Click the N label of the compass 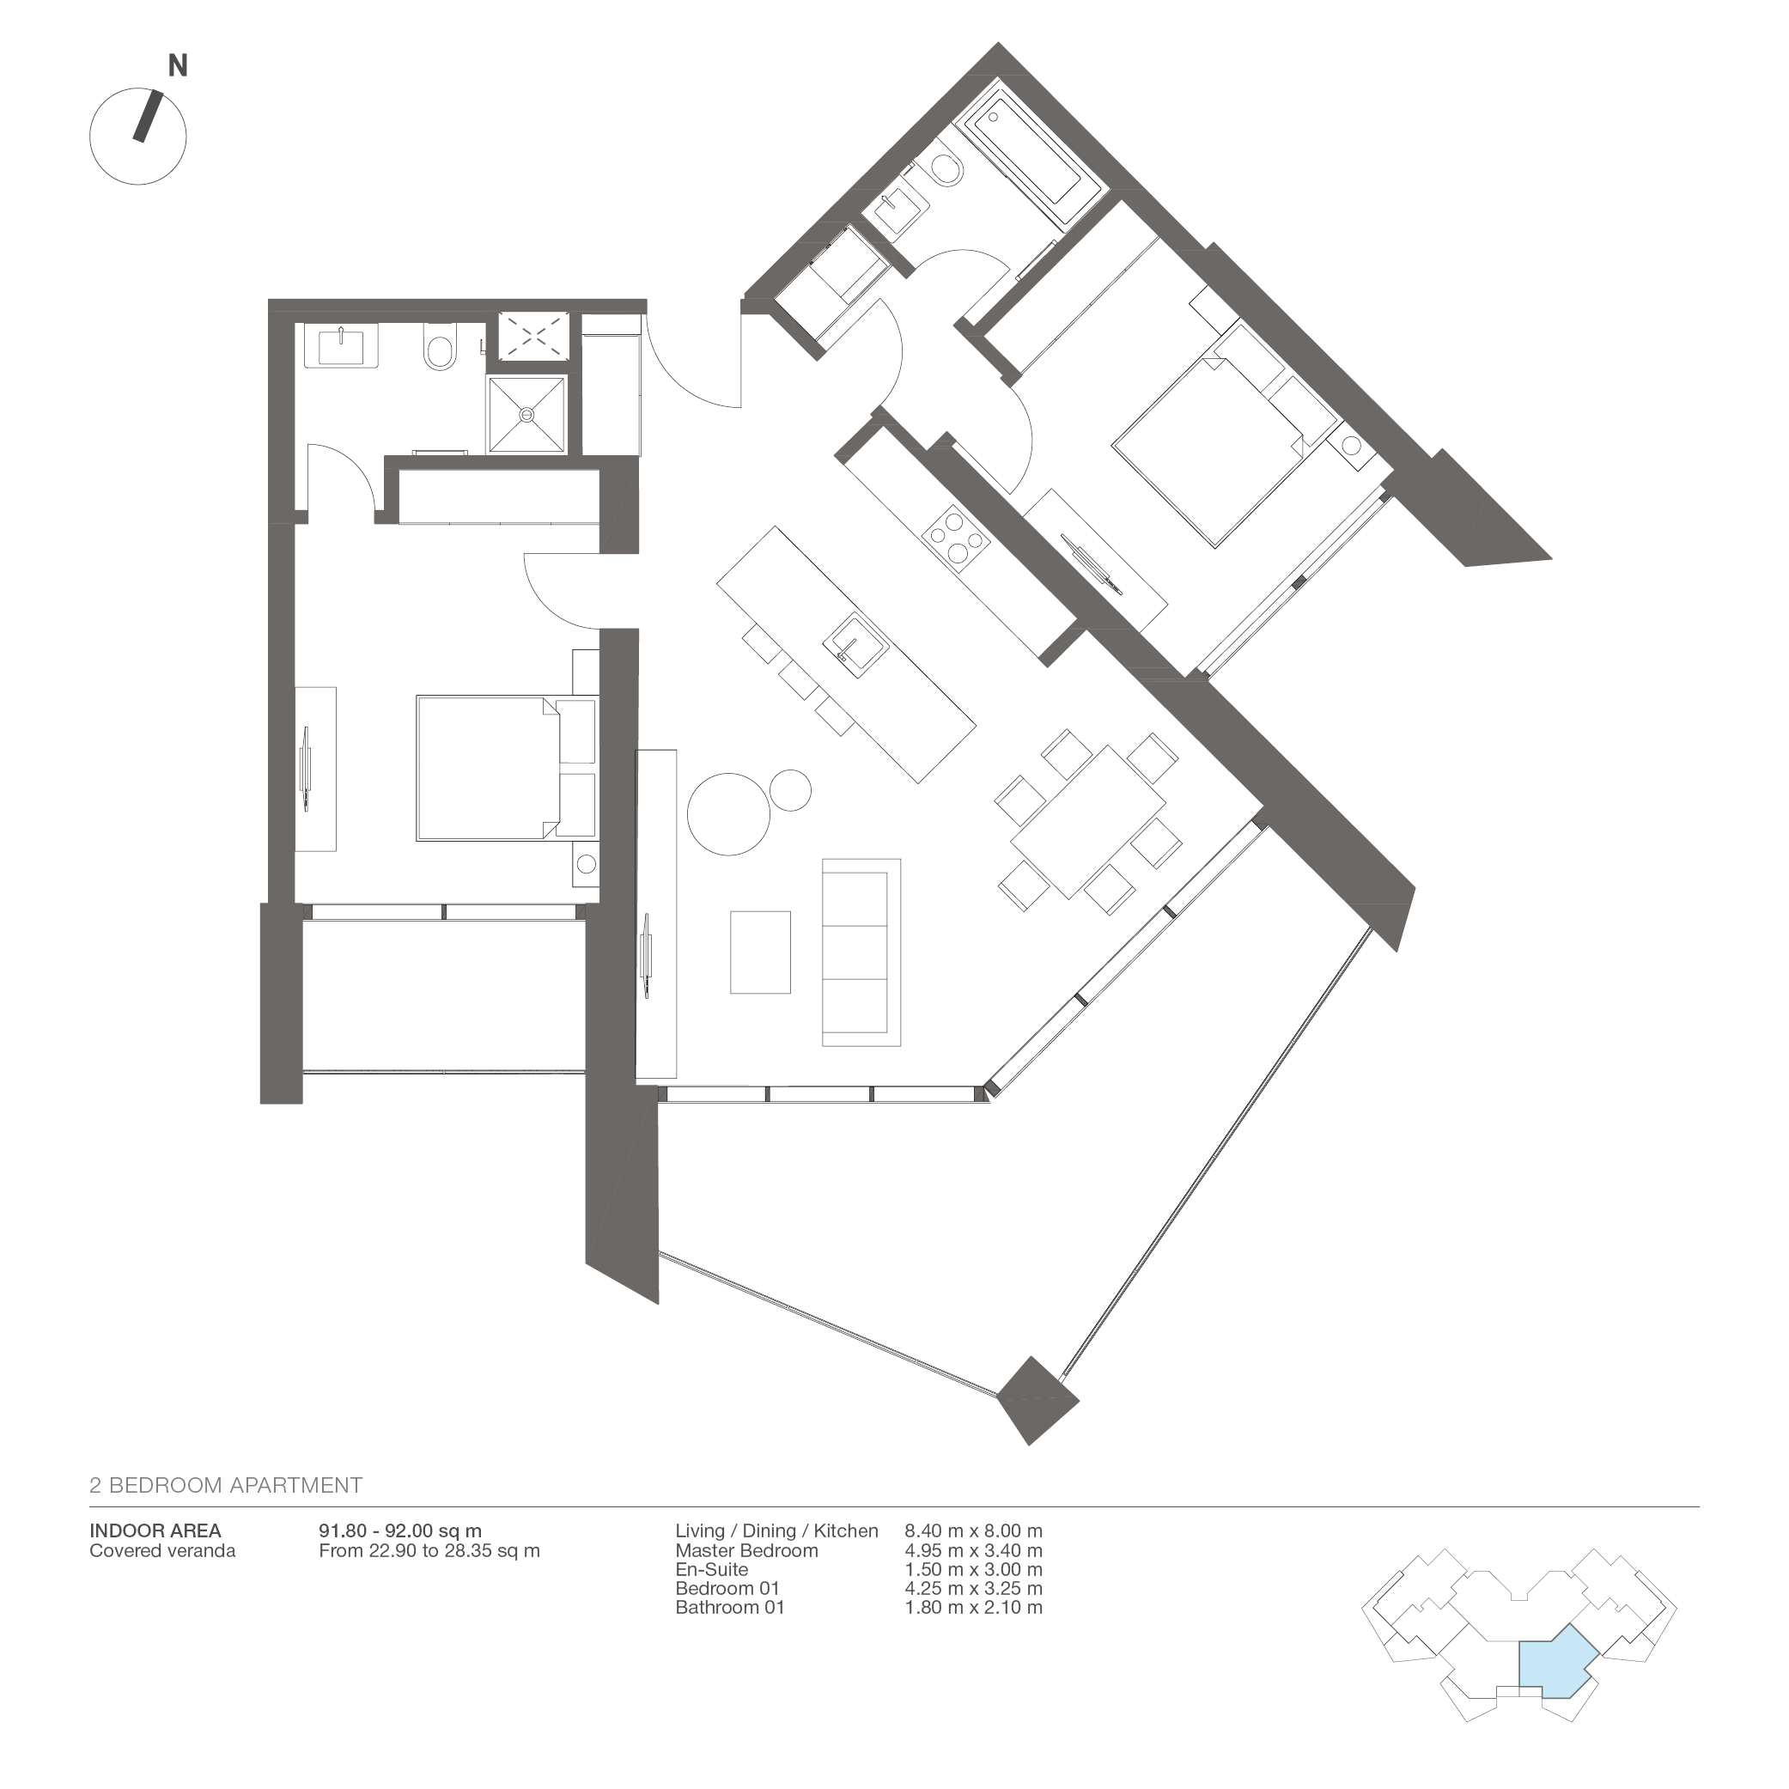coord(178,66)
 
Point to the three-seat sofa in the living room coord(861,952)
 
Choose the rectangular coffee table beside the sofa coord(760,952)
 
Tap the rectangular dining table coord(1087,821)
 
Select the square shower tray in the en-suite coord(526,415)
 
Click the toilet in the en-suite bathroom coord(438,347)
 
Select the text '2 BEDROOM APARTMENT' coord(226,1485)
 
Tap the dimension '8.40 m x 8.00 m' coord(973,1530)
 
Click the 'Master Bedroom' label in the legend coord(746,1550)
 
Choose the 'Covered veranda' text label coord(162,1551)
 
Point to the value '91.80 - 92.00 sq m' coord(400,1531)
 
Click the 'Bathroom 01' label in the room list coord(730,1608)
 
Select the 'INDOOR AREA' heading coord(155,1530)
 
